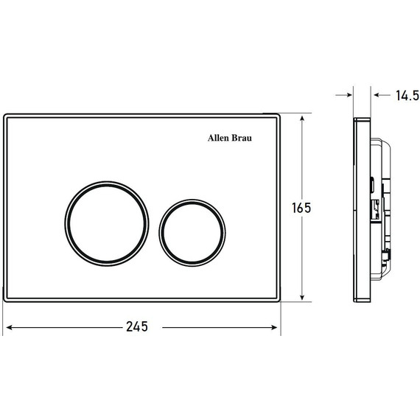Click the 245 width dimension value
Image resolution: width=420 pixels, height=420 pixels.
coord(137,326)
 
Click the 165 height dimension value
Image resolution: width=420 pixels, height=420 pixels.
coord(301,208)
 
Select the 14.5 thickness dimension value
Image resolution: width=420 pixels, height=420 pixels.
coord(407,95)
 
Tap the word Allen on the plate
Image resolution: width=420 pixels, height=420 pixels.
coord(218,138)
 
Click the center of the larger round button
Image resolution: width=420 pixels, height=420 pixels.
coord(107,224)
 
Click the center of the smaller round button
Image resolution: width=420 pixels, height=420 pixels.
coord(192,233)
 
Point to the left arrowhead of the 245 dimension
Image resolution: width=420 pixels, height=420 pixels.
coord(9,327)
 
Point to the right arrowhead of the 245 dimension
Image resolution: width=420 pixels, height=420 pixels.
coord(274,327)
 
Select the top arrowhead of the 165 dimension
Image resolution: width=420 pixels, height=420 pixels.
coord(302,119)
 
